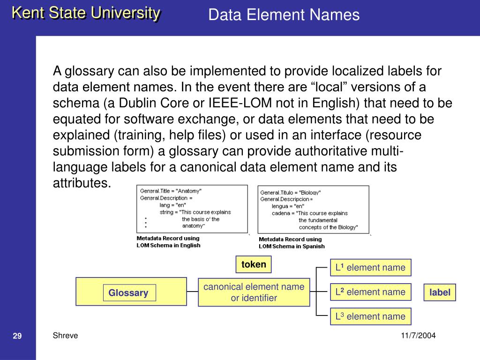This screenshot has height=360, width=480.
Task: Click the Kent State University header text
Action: point(86,13)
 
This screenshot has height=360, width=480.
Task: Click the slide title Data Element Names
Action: point(284,15)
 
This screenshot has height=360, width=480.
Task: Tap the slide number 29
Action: point(17,336)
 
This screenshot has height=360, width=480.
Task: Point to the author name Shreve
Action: point(65,336)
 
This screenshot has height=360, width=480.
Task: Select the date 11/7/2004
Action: point(418,336)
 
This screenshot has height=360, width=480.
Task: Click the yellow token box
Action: point(254,264)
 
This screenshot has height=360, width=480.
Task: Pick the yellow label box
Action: point(440,292)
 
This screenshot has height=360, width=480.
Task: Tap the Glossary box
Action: point(131,292)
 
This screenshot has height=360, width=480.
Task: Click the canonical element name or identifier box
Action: point(254,292)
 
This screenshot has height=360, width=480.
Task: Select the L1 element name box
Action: point(370,267)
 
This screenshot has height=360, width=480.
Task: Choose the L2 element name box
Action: point(370,292)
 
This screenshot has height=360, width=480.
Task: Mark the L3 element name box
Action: point(370,316)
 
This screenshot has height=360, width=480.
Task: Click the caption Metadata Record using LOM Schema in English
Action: point(168,242)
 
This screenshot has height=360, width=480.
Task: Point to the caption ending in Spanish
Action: point(292,243)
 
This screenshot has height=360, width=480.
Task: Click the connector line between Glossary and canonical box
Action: point(192,292)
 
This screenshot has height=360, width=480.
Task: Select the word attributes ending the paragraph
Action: point(82,183)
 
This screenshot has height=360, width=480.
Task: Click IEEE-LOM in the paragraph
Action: point(240,103)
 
